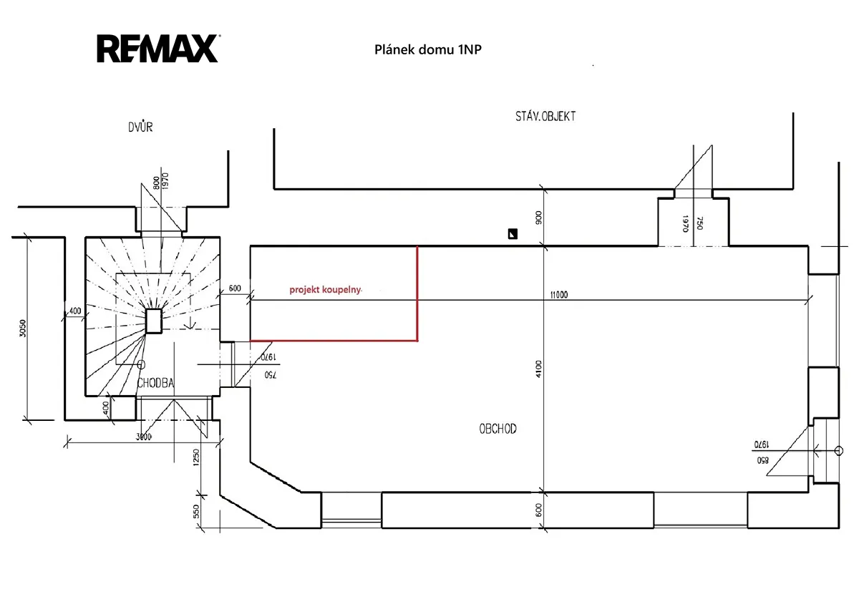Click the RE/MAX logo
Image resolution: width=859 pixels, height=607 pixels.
coord(157,48)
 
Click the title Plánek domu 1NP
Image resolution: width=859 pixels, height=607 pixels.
coord(427,49)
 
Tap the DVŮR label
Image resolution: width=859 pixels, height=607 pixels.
coord(140,127)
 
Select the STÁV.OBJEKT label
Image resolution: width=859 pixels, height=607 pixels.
coord(545,116)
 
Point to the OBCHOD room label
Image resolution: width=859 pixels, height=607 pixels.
coord(498,429)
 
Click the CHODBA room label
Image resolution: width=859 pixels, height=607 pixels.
coord(155,383)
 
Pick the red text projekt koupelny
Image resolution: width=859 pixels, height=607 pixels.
coord(325,289)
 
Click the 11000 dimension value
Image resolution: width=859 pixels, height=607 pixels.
coord(559,294)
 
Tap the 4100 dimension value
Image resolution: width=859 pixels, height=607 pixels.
coord(539,369)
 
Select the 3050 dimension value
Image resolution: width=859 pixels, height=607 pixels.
coord(23,329)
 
